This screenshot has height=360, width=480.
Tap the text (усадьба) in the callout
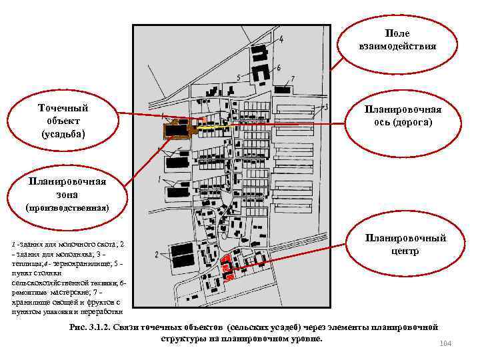point(63,134)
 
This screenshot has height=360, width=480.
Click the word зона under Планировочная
point(66,194)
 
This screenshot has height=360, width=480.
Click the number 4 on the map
point(281,39)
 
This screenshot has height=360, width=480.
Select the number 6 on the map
point(278,68)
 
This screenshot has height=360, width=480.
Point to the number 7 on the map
point(293,79)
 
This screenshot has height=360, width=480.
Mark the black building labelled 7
point(283,89)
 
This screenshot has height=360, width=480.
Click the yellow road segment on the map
point(213,125)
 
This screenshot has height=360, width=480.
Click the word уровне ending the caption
point(305,339)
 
